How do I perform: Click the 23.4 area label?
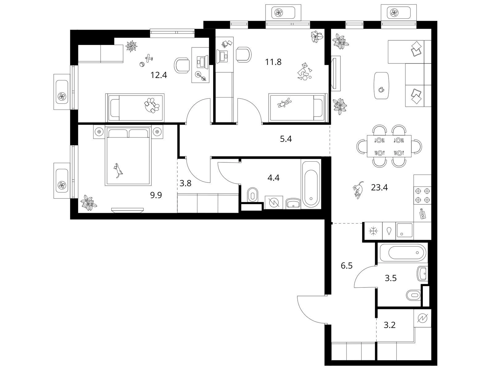click(379, 187)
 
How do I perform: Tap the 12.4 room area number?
click(159, 75)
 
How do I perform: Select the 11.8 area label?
click(273, 62)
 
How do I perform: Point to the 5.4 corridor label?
click(286, 139)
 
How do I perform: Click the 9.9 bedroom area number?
click(156, 195)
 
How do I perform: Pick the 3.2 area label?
click(390, 325)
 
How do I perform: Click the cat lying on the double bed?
click(118, 171)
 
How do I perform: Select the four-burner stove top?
click(422, 195)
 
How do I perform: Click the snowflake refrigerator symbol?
click(373, 231)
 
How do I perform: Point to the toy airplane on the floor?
click(149, 58)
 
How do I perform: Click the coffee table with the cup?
click(382, 86)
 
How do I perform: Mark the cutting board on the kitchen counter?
click(422, 214)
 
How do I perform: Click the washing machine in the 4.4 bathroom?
click(274, 203)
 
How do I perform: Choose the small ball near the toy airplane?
click(142, 65)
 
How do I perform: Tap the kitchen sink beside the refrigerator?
click(404, 230)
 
